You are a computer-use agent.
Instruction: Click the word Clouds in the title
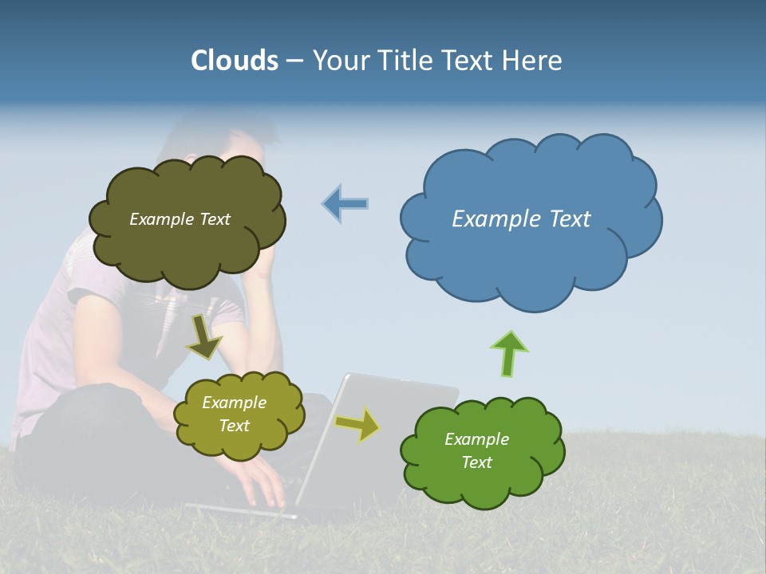click(235, 61)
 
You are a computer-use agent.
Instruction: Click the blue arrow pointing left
click(345, 203)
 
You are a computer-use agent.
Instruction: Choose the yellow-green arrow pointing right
click(357, 425)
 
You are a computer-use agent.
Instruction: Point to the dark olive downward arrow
click(204, 336)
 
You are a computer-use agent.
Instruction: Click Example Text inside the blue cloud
click(521, 219)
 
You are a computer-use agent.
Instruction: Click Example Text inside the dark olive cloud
click(180, 219)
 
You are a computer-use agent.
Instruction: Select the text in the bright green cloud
click(476, 450)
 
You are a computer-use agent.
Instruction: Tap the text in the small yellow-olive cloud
click(234, 414)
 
